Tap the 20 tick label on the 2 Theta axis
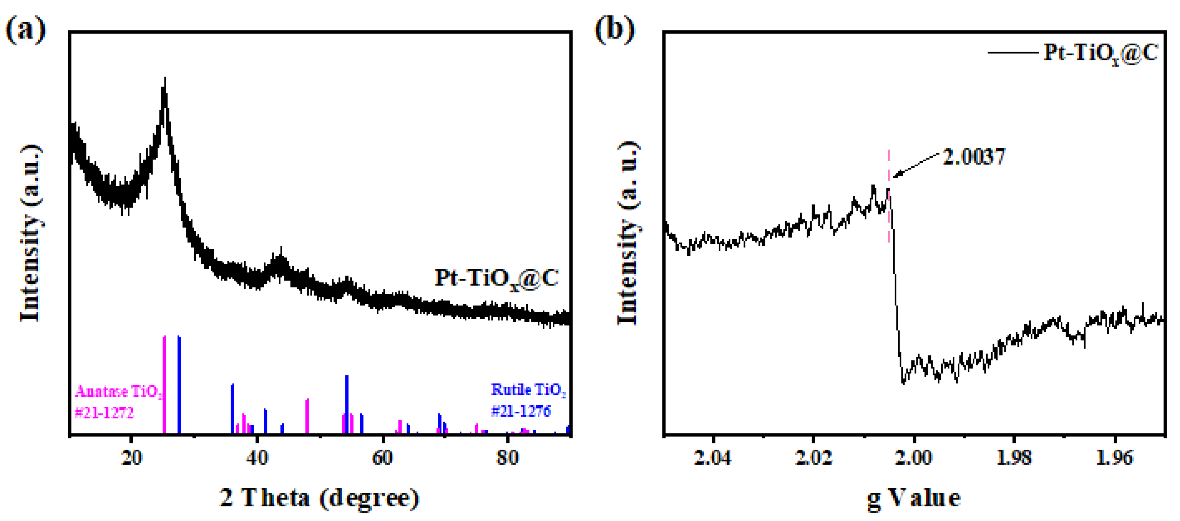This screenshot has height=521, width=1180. click(132, 458)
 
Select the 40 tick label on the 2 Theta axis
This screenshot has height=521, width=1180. click(257, 458)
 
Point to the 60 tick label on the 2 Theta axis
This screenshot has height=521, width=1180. click(382, 458)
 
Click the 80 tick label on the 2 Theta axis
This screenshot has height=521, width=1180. click(508, 458)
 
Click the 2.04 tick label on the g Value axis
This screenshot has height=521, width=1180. click(712, 458)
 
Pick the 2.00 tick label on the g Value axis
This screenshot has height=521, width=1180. click(913, 458)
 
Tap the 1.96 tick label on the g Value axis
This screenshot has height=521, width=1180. click(1114, 458)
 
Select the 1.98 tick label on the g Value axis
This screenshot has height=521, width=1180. click(1014, 458)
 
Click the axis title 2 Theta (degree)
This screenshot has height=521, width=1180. click(319, 498)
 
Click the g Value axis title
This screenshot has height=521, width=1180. click(913, 498)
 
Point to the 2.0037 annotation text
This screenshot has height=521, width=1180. click(973, 157)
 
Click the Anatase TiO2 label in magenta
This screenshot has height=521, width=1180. click(118, 392)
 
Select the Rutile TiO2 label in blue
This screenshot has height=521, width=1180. click(528, 390)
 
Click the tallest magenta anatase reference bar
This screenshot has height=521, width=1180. click(164, 385)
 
